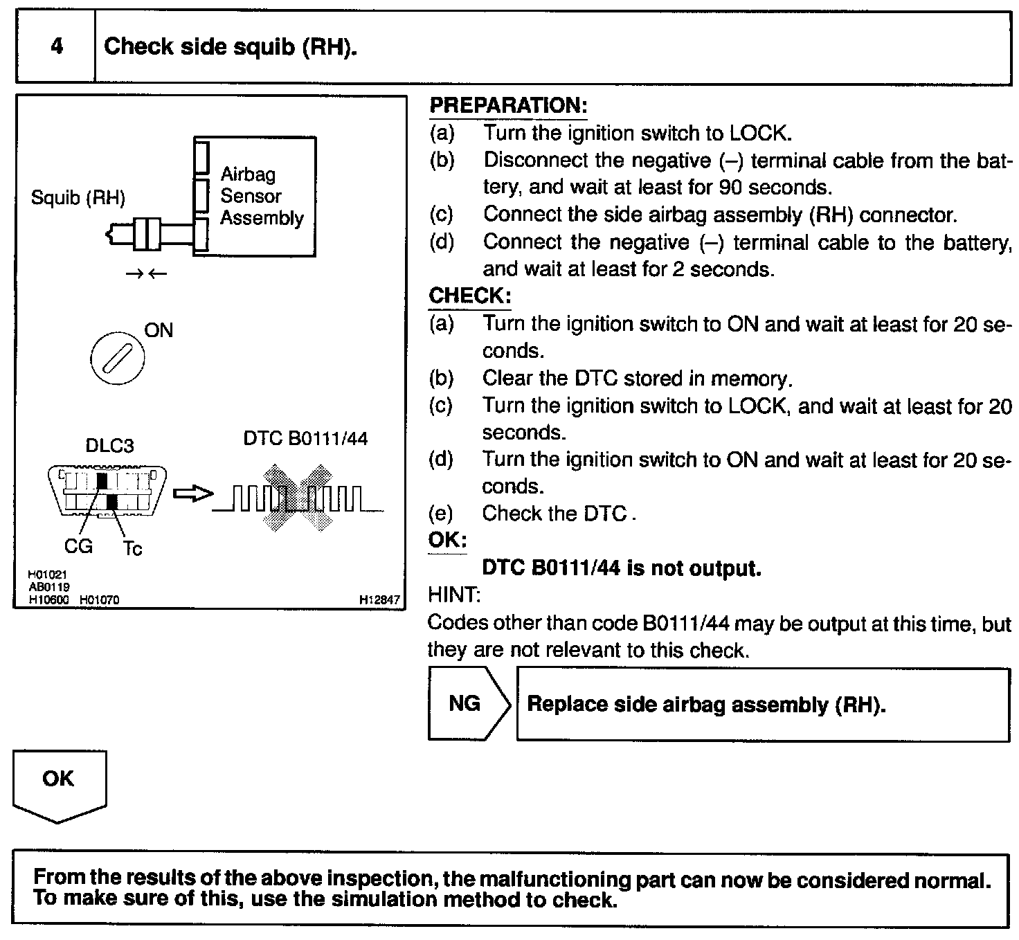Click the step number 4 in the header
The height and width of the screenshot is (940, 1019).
(57, 46)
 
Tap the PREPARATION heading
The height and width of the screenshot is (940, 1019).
(508, 105)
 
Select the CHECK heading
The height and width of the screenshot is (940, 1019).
(470, 296)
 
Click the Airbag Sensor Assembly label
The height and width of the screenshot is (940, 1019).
(262, 196)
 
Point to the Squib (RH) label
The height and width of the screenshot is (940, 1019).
(78, 199)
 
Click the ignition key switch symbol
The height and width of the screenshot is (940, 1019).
(118, 359)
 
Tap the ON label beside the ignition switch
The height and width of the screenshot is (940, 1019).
(159, 330)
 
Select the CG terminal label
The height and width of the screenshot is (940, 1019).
(78, 546)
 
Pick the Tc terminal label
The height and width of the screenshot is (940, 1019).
(132, 549)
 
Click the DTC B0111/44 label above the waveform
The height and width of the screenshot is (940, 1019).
(305, 438)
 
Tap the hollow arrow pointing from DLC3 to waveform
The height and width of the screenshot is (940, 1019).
(191, 494)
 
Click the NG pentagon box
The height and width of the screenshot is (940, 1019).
(467, 704)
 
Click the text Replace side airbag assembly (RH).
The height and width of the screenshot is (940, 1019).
(706, 705)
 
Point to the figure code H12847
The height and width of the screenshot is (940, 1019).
(379, 600)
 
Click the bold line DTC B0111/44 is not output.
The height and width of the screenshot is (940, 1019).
(621, 568)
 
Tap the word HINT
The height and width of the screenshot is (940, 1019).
(453, 595)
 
